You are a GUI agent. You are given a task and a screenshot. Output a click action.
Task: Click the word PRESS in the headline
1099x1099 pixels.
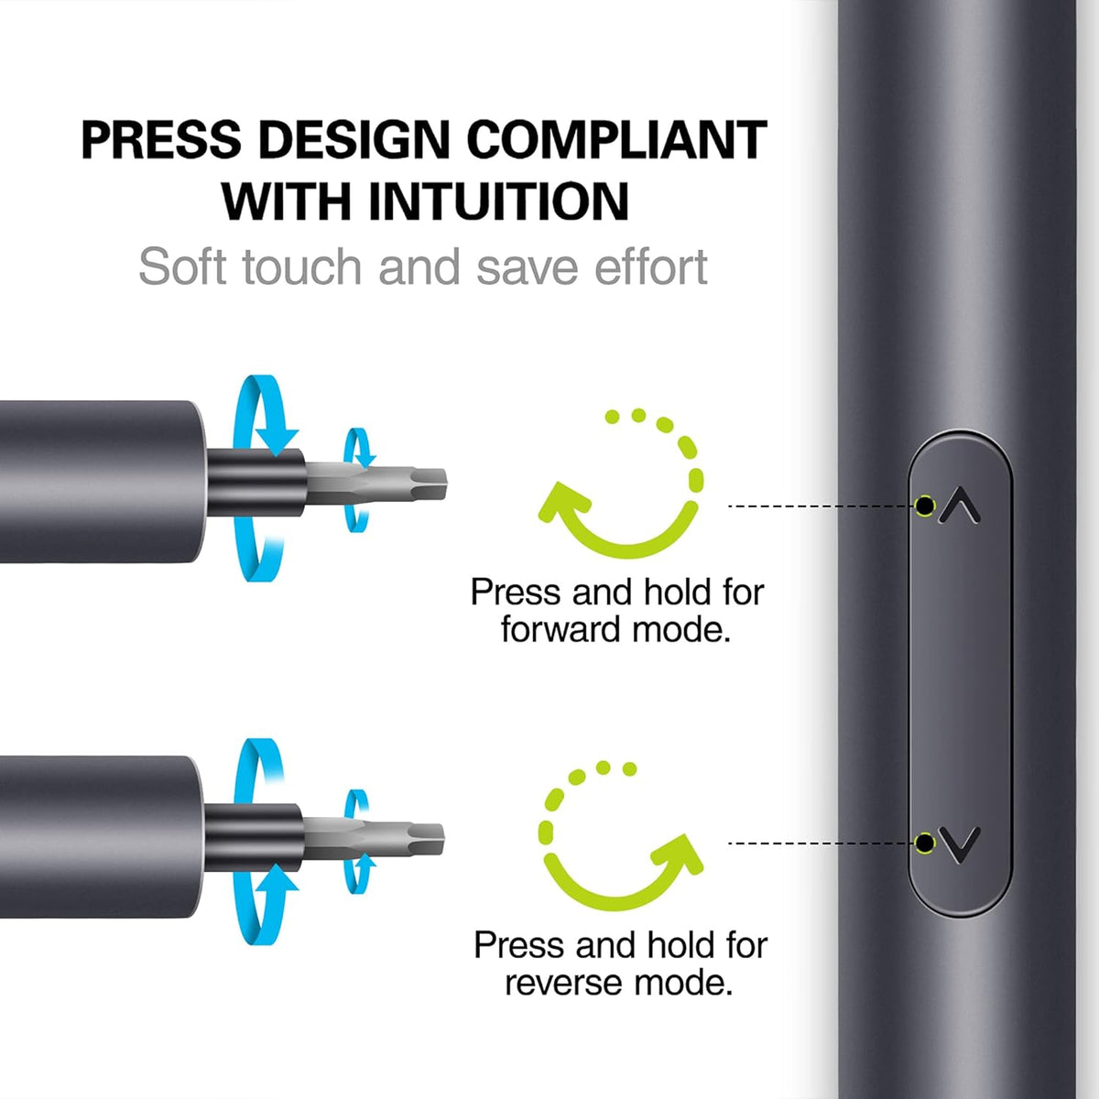pos(161,140)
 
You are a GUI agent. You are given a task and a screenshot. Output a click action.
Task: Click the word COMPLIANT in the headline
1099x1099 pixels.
pos(617,140)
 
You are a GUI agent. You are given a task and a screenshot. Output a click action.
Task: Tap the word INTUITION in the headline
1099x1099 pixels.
pos(498,201)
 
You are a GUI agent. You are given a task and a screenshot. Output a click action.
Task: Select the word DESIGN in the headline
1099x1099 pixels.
pos(354,140)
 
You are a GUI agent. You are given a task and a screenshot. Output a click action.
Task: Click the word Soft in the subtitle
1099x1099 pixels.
pos(182,267)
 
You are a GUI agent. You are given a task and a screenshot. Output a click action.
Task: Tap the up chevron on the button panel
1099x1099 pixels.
pos(961,505)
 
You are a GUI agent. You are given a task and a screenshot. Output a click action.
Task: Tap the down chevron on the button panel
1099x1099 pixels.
pos(961,844)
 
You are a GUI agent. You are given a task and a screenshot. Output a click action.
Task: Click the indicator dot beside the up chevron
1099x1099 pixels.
pos(926,506)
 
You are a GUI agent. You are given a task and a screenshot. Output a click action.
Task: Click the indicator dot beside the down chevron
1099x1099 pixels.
pos(925,843)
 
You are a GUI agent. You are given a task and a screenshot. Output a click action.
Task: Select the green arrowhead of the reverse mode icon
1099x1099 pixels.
pos(676,854)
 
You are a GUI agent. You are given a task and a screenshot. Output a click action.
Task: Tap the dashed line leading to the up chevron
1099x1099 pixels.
pos(822,506)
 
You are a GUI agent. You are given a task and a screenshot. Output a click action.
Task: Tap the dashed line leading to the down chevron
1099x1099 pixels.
pos(822,843)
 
